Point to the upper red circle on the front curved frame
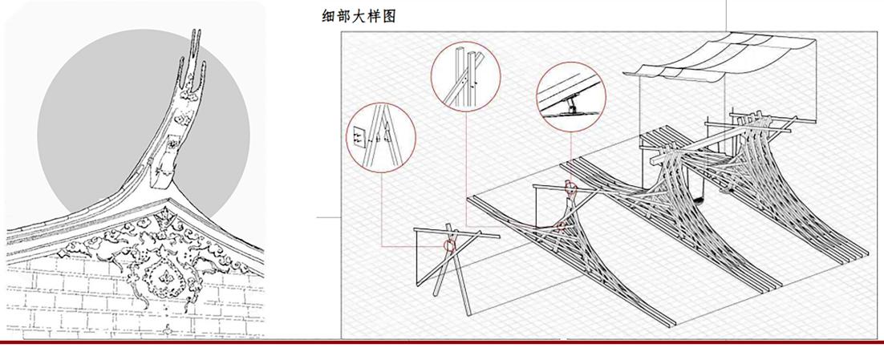(x=570, y=189)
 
